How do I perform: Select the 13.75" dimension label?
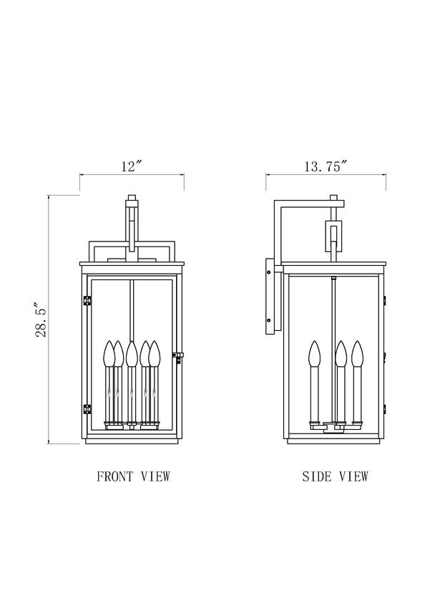pyautogui.click(x=326, y=167)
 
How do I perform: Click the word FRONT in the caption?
pyautogui.click(x=115, y=476)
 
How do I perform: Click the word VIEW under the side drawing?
pyautogui.click(x=353, y=476)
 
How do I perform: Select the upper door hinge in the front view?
pyautogui.click(x=87, y=301)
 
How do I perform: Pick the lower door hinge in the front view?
pyautogui.click(x=87, y=408)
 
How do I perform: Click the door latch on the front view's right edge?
pyautogui.click(x=178, y=356)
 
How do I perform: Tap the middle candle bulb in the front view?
pyautogui.click(x=132, y=353)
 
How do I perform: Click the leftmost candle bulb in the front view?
pyautogui.click(x=108, y=353)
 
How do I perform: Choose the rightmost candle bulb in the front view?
pyautogui.click(x=155, y=353)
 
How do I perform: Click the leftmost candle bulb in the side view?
pyautogui.click(x=315, y=353)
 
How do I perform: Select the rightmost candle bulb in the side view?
pyautogui.click(x=357, y=353)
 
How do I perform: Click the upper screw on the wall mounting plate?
pyautogui.click(x=269, y=272)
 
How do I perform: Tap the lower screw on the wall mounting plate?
pyautogui.click(x=269, y=320)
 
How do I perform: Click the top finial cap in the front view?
pyautogui.click(x=132, y=197)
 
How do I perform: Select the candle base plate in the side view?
pyautogui.click(x=333, y=426)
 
